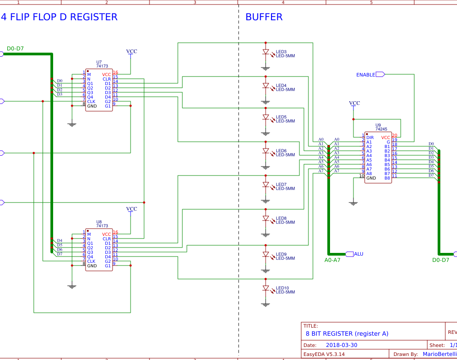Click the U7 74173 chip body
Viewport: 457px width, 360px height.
[x=99, y=90]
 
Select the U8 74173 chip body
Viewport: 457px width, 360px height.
[x=99, y=250]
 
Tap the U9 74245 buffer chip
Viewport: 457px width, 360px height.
[x=378, y=157]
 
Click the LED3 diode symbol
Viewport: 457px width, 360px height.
[x=266, y=52]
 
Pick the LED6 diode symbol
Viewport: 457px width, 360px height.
[x=266, y=151]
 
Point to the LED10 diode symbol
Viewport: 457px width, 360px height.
[x=266, y=288]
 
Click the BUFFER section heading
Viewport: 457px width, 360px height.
[x=264, y=17]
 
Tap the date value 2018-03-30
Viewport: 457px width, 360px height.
[x=341, y=345]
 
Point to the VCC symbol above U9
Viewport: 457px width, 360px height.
[x=354, y=103]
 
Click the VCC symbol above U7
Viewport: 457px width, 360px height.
[x=131, y=52]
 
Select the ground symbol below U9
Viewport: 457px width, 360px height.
[x=353, y=203]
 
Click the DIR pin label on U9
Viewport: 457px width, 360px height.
[x=370, y=137]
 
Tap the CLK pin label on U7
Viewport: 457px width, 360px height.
[x=91, y=101]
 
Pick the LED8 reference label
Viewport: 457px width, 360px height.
[x=281, y=218]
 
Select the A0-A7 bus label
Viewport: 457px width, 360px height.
[x=332, y=260]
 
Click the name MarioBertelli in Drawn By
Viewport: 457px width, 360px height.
[x=439, y=354]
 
